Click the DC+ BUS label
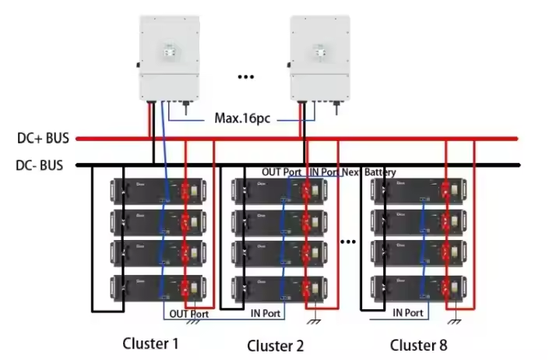coord(43,139)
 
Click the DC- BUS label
coord(40,165)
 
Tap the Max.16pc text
coord(243,120)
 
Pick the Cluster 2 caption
coord(276,345)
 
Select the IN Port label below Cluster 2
coord(265,313)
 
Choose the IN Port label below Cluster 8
coord(408,312)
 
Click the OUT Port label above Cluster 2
coord(281,171)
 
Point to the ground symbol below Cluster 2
coord(314,320)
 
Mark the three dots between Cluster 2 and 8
coord(348,242)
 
